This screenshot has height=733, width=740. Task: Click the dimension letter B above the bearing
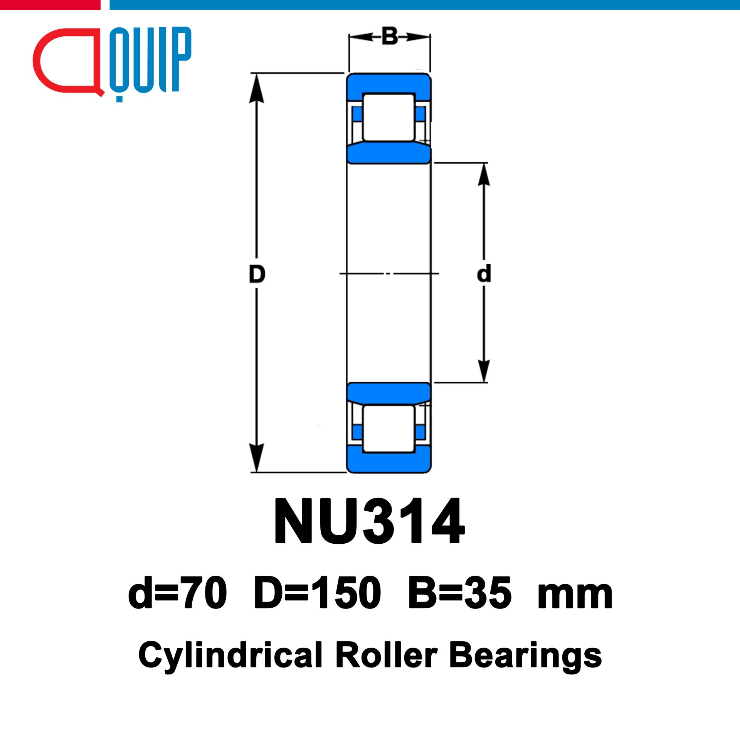click(390, 36)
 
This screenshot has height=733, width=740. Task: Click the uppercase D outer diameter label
click(257, 274)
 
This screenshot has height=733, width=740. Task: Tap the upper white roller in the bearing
click(389, 117)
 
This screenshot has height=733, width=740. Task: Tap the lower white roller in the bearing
click(389, 428)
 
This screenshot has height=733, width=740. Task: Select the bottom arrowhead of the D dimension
click(257, 458)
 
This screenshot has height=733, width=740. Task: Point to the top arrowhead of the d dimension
click(484, 174)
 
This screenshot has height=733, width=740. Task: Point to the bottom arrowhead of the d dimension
click(484, 371)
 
